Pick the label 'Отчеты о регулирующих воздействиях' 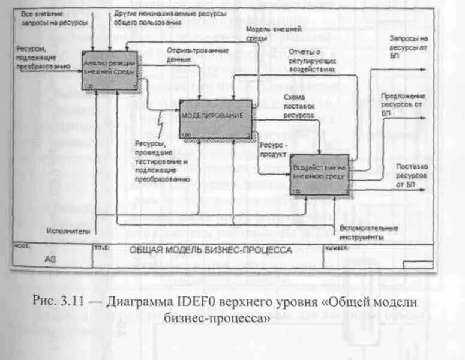click(311, 60)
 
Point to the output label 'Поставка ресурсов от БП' click(411, 175)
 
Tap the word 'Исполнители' click(68, 230)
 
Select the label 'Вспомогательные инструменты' click(368, 233)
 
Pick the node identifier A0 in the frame click(52, 260)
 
